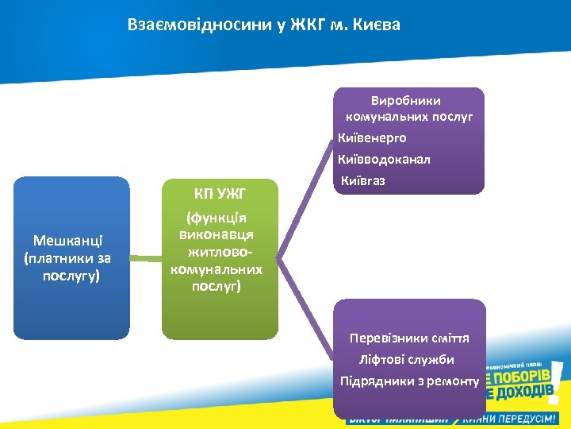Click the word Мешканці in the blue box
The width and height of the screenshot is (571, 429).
click(x=70, y=241)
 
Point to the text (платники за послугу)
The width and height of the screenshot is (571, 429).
click(x=69, y=267)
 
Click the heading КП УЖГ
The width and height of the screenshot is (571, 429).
click(x=220, y=193)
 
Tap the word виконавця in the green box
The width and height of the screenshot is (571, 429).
click(x=217, y=235)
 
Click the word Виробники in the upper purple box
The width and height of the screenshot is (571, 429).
click(x=405, y=101)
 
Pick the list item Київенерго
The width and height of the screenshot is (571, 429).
click(x=372, y=138)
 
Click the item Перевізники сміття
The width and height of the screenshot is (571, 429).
click(x=409, y=338)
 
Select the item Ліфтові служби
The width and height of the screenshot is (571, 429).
click(x=406, y=360)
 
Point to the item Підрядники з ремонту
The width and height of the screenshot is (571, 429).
click(x=409, y=381)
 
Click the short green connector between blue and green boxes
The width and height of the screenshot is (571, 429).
click(x=145, y=258)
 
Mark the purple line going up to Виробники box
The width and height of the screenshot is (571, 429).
click(x=305, y=199)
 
